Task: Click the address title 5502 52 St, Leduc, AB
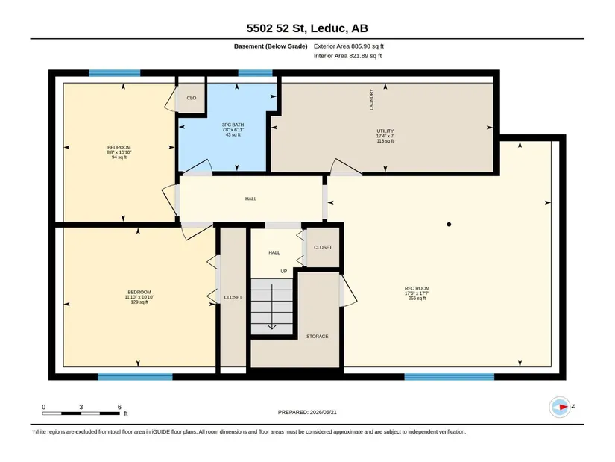[307, 28]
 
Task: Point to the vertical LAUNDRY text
[371, 99]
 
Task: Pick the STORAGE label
[318, 337]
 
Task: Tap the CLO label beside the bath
[192, 99]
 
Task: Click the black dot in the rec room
[449, 225]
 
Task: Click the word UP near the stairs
[283, 272]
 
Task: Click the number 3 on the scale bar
[81, 407]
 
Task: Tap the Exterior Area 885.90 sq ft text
[349, 46]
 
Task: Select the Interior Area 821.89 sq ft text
[347, 56]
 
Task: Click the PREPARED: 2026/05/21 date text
[307, 412]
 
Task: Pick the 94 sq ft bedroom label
[119, 152]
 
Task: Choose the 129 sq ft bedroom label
[139, 297]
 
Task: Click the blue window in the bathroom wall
[256, 73]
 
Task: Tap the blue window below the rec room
[449, 377]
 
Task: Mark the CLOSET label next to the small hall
[323, 248]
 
